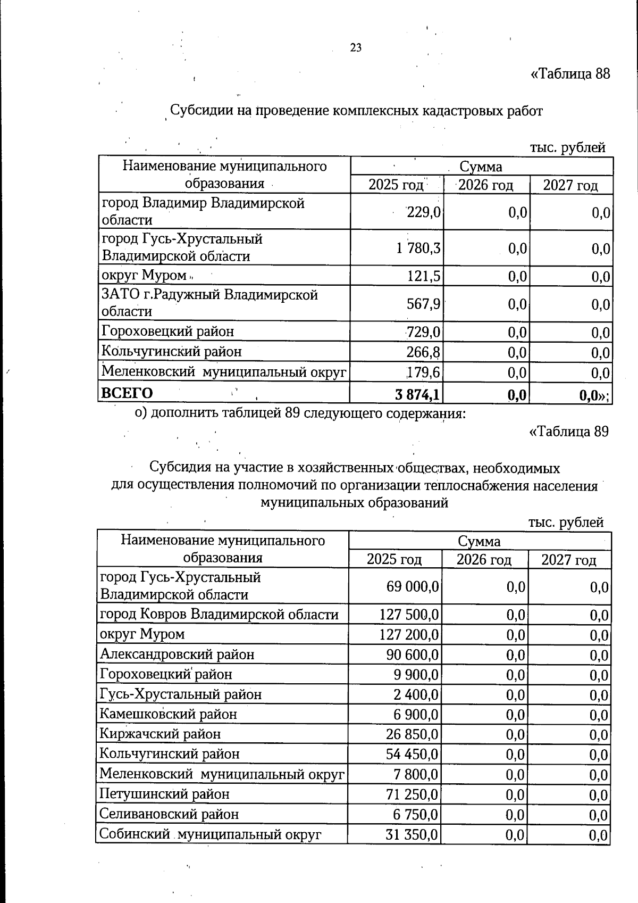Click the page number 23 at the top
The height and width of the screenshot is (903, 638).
click(356, 48)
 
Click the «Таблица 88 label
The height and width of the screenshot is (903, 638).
click(570, 73)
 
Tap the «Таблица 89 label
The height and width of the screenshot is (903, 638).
click(569, 431)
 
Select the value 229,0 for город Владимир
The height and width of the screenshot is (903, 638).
click(423, 212)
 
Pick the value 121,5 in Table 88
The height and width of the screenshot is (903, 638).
click(423, 276)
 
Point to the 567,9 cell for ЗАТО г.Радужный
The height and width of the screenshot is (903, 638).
click(423, 304)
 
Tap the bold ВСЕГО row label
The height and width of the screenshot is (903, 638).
click(127, 393)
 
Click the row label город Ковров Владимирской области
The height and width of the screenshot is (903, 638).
click(219, 615)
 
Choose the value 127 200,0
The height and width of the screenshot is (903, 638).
click(409, 635)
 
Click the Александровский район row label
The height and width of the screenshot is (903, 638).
click(177, 654)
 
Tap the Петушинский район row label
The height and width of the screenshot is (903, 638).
click(164, 794)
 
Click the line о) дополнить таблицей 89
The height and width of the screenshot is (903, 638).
click(300, 413)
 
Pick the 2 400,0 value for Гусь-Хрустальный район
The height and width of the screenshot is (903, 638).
click(416, 695)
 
